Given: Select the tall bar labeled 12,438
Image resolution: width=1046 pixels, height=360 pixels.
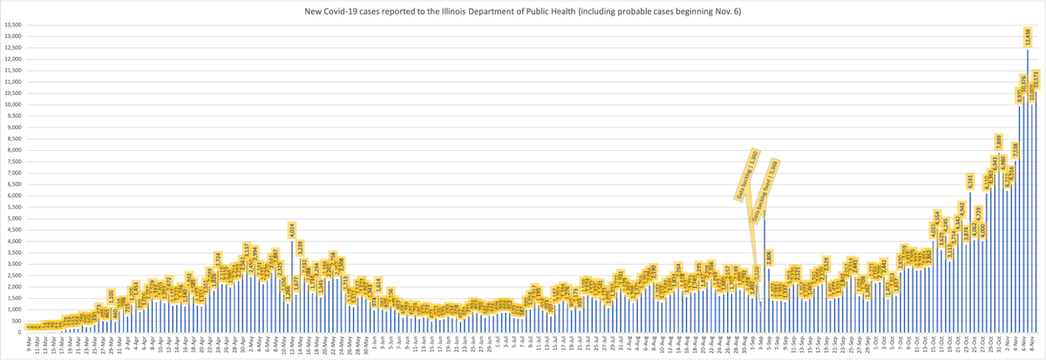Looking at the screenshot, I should (x=1028, y=192).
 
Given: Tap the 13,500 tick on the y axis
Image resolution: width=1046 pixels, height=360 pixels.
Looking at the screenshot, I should (x=11, y=24).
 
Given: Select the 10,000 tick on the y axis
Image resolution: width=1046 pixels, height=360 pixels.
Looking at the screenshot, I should (x=11, y=105).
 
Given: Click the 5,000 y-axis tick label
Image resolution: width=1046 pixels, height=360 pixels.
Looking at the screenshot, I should (x=13, y=218).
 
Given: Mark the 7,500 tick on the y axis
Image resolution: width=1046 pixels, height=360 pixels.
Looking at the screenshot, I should (x=13, y=161).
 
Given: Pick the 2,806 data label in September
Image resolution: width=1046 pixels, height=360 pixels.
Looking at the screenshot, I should (x=770, y=258).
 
